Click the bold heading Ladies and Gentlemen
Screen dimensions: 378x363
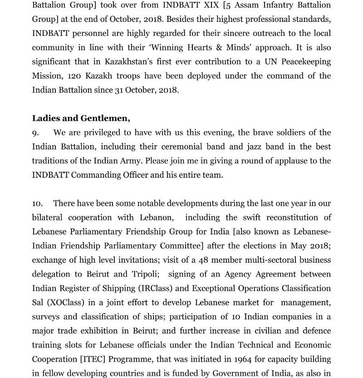click(81, 119)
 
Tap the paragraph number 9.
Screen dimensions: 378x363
click(35, 133)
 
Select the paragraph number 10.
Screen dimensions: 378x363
click(37, 204)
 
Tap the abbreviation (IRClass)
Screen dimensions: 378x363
click(163, 288)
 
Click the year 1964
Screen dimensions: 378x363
click(246, 359)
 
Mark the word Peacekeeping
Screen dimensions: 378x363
click(303, 62)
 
